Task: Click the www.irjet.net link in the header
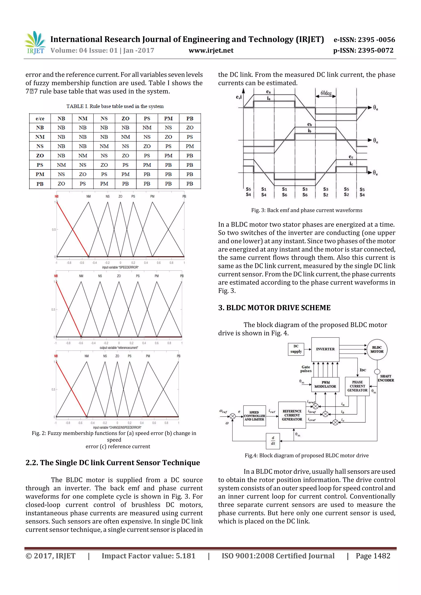(211, 51)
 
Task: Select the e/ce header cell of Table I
(40, 119)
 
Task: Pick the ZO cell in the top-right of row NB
(190, 128)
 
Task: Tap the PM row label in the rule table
(40, 174)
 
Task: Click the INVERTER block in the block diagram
(325, 349)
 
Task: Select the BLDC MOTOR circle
(377, 350)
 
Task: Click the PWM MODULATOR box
(325, 384)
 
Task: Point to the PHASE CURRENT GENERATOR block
(357, 386)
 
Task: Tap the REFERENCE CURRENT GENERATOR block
(292, 415)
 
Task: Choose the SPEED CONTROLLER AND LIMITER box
(254, 416)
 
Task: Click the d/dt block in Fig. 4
(273, 441)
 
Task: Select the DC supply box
(296, 349)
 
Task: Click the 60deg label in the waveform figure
(326, 93)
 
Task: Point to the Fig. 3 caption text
(307, 210)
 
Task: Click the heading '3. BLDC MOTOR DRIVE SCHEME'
(274, 308)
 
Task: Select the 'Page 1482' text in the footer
(373, 556)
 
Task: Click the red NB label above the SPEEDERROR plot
(57, 196)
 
